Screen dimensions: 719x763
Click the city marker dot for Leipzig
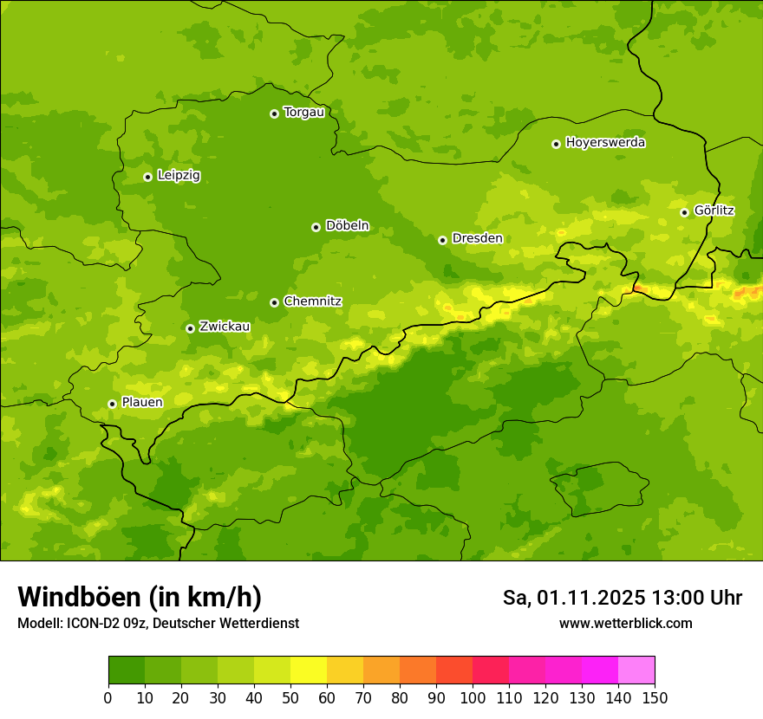point(147,177)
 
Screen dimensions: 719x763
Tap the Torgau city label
point(303,113)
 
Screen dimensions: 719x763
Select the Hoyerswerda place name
point(605,142)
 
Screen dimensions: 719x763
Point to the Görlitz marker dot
point(684,212)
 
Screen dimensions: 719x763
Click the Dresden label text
point(477,238)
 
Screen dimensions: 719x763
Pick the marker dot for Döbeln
point(316,227)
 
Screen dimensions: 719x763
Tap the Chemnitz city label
point(312,301)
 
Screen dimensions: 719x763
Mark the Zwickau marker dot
point(190,328)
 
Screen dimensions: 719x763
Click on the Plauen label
point(142,403)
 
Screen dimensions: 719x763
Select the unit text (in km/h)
point(205,598)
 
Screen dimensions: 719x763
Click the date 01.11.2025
point(591,598)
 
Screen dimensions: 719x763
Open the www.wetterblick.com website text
point(625,624)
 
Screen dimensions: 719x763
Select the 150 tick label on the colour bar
point(655,697)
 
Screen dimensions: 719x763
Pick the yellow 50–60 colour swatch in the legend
point(309,670)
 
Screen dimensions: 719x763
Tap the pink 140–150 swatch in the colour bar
point(636,670)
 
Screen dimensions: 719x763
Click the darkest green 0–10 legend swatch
point(127,670)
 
